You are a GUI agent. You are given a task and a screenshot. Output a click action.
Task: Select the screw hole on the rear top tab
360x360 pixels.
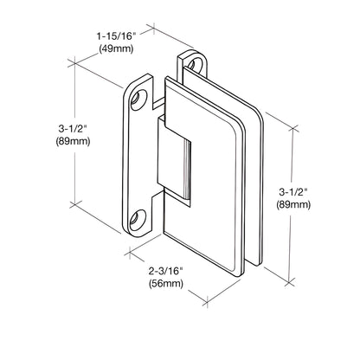coord(196,64)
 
